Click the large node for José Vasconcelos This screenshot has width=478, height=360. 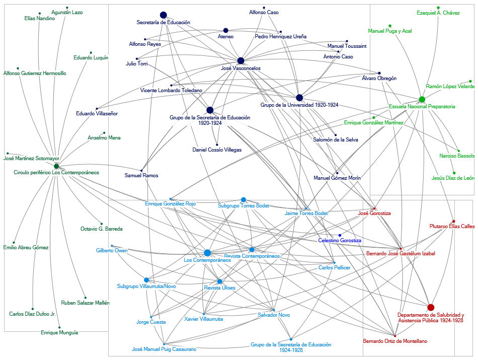pos(241,60)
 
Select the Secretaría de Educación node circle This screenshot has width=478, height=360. pos(163,15)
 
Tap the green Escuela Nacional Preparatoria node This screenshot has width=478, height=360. pos(422,99)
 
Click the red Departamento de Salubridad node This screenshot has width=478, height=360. pos(431,307)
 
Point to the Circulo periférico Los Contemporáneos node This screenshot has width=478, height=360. pos(56,166)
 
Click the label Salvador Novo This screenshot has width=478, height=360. pos(274,315)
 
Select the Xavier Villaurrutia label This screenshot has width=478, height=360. pos(203,319)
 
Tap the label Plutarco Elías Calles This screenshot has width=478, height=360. pos(452,227)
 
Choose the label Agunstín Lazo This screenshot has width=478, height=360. pos(67,12)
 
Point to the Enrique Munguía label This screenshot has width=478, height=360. pos(59,332)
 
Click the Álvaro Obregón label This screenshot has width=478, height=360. pos(379,79)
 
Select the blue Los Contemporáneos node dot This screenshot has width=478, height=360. pos(207,252)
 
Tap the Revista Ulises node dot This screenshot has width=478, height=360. pos(219,281)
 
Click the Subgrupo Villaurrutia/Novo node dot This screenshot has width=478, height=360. pos(146,280)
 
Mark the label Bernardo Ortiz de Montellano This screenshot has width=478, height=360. pos(395,341)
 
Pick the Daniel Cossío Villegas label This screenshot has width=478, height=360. pos(217,150)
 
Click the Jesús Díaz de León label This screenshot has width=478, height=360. pos(453,178)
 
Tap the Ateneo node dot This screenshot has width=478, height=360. pos(225,31)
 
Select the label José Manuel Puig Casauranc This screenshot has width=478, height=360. pos(164,349)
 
